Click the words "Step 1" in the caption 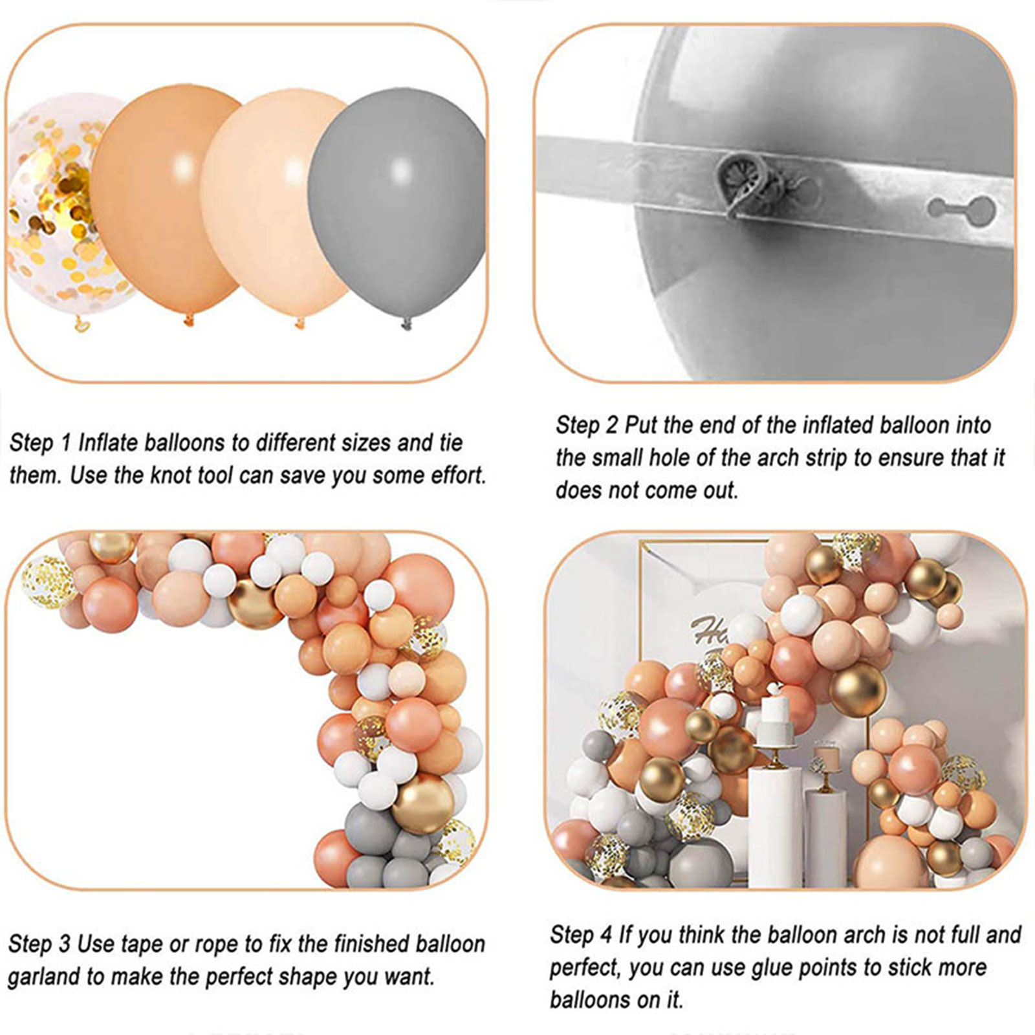[40, 444]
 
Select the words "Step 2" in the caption [587, 426]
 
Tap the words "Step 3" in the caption [39, 944]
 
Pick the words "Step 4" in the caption [580, 935]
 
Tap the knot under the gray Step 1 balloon [406, 323]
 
